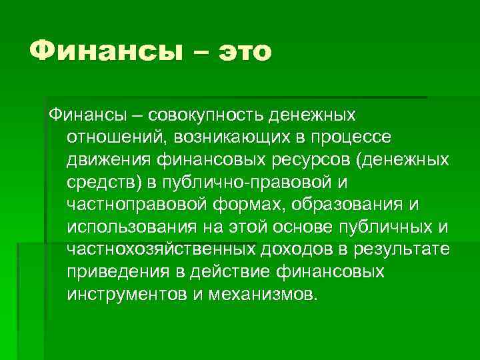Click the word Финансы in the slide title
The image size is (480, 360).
pyautogui.click(x=100, y=51)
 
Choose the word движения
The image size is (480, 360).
pyautogui.click(x=110, y=161)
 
